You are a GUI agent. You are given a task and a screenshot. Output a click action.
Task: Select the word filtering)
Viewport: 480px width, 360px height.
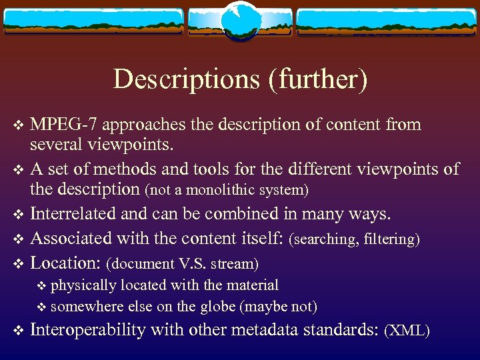pyautogui.click(x=392, y=239)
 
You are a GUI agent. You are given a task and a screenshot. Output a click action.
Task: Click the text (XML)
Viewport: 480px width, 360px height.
pyautogui.click(x=408, y=331)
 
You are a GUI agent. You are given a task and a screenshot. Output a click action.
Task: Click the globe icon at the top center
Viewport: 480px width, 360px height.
pyautogui.click(x=239, y=20)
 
